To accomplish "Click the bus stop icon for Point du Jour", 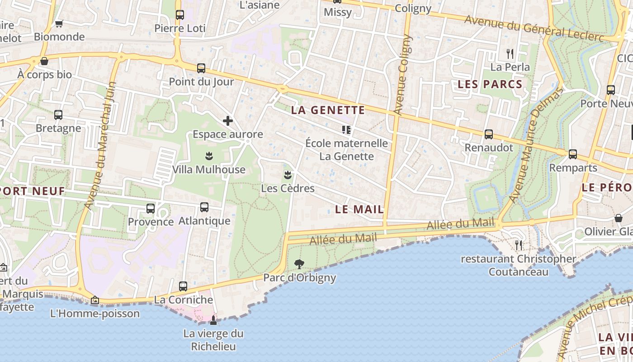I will pos(201,68).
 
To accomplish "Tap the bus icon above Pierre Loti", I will pos(180,14).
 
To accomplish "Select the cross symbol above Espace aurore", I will pos(228,121).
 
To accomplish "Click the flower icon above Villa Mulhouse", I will pos(208,156).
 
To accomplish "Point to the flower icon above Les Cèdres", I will pos(287,175).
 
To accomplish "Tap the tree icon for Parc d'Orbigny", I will pos(299,264).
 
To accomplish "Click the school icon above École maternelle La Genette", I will pos(346,130).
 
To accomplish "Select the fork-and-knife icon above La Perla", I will pos(510,54).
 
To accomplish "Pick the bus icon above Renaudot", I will pos(489,134).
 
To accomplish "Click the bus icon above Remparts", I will pos(573,154).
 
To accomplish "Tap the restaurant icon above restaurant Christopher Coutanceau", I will pos(519,245).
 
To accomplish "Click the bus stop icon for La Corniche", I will pos(183,286).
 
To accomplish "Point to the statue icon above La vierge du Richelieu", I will pos(213,320).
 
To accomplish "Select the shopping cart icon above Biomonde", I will pos(59,24).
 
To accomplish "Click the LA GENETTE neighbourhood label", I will pos(328,110).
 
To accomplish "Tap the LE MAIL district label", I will pos(359,210).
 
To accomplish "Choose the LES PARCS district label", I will pos(490,84).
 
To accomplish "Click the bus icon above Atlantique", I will pos(204,207).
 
